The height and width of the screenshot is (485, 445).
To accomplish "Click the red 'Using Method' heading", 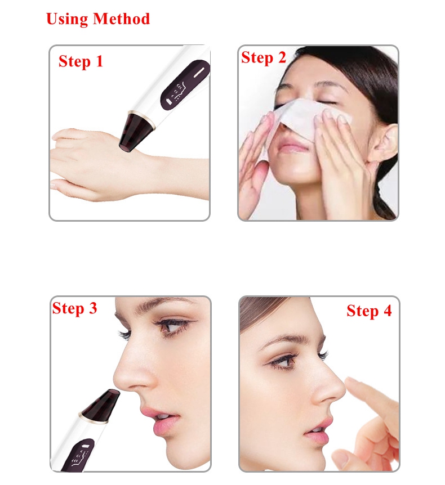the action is pos(98,19).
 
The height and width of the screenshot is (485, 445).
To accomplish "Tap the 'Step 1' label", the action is pos(81,61).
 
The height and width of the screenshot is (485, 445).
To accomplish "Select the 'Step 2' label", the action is pos(263,58).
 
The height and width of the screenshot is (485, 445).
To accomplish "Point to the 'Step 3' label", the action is pos(74,308).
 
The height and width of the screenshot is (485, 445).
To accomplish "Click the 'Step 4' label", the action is pos(369,311).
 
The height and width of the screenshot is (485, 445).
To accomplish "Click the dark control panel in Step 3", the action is pos(77,455).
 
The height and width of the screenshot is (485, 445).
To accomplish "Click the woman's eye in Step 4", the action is pos(282,361).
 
